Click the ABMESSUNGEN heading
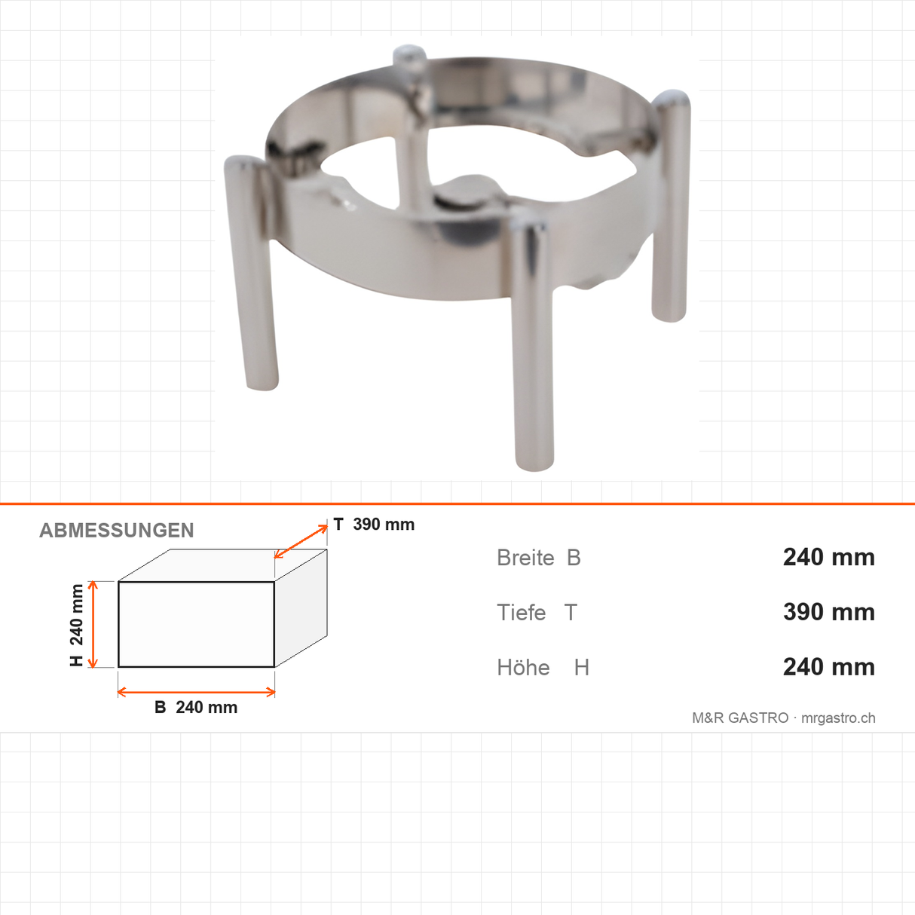point(116,531)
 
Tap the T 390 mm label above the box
point(374,525)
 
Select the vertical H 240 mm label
point(76,625)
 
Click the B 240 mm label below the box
point(196,707)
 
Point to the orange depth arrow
point(301,541)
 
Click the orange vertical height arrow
point(93,624)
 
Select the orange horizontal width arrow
point(196,692)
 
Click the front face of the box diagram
point(196,624)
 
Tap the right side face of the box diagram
point(301,608)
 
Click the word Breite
point(525,558)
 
